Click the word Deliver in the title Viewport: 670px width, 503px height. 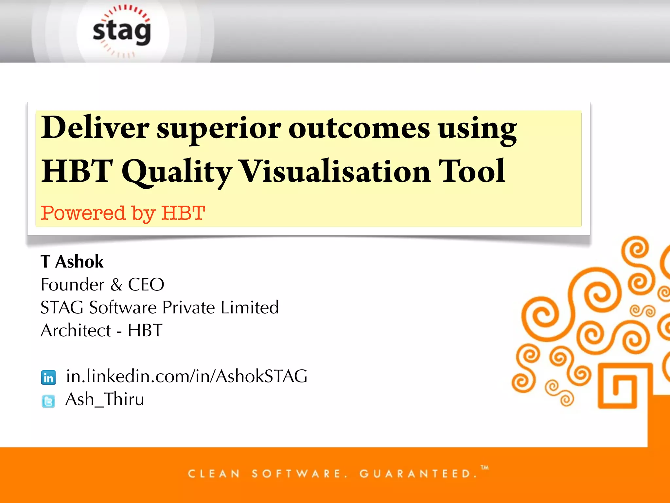[95, 128]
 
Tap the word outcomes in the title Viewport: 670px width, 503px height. [359, 128]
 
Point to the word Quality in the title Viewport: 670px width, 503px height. [177, 172]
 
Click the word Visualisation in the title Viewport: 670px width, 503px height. [335, 171]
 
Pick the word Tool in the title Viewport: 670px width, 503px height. [472, 171]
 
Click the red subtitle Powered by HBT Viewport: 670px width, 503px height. [123, 213]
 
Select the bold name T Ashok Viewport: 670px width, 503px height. [72, 262]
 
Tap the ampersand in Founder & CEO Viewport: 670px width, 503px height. [116, 285]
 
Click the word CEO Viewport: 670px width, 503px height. [146, 285]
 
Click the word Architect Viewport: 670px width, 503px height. [76, 330]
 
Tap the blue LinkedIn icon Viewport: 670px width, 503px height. [48, 378]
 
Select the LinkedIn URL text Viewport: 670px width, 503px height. [186, 376]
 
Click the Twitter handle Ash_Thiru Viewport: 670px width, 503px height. [105, 400]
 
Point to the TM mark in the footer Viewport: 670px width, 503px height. [485, 468]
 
